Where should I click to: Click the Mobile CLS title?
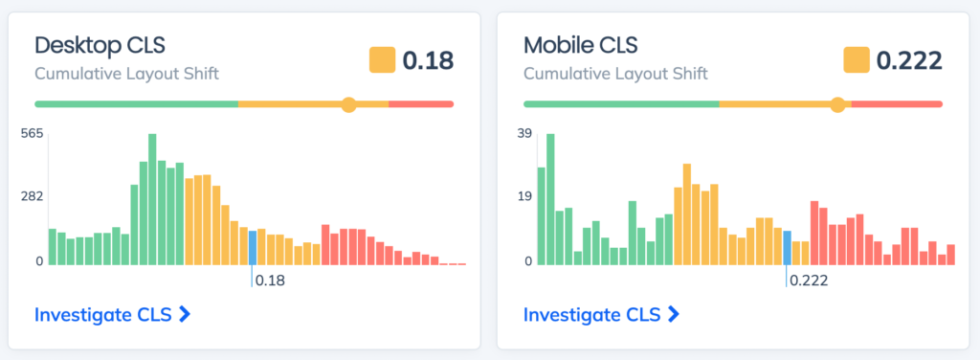[580, 45]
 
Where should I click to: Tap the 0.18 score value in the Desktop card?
[428, 60]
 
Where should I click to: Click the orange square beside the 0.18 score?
[382, 60]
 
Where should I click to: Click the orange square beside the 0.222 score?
[856, 60]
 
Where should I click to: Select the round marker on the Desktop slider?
[349, 104]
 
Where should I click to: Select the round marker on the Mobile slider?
[838, 104]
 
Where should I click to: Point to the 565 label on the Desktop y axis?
[33, 134]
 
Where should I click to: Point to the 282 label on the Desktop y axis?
[33, 197]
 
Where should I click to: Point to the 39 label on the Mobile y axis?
[523, 134]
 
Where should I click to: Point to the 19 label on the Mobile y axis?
[523, 197]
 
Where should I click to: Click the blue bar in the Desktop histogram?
[253, 248]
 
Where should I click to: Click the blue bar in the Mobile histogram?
[787, 248]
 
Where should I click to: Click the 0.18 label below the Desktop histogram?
[271, 281]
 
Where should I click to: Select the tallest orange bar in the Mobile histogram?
[687, 214]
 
